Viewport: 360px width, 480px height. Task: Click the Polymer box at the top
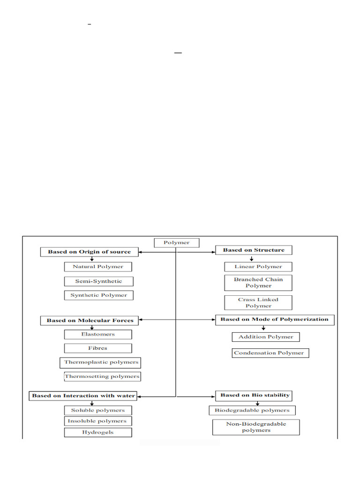[x=177, y=243]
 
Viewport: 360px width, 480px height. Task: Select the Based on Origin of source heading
[x=89, y=252]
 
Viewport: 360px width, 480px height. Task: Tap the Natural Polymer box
[x=98, y=267]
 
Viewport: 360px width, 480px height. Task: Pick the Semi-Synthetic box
[x=98, y=281]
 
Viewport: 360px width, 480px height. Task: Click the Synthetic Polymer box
[x=98, y=295]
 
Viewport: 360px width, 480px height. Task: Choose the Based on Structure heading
[x=254, y=250]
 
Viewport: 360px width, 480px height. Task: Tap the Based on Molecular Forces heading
[x=90, y=321]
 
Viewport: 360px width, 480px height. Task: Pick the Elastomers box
[x=98, y=334]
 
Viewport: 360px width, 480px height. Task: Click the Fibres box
[x=98, y=348]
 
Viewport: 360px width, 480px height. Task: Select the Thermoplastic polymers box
[x=101, y=362]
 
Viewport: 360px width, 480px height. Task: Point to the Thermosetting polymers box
[x=102, y=376]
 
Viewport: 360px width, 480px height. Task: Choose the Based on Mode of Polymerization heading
[x=275, y=319]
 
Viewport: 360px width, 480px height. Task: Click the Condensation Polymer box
[x=270, y=353]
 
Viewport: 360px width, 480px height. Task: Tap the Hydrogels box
[x=98, y=432]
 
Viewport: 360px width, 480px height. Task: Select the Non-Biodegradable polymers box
[x=256, y=427]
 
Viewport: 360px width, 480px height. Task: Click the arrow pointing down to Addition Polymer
[x=263, y=329]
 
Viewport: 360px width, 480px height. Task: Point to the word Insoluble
[x=82, y=421]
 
